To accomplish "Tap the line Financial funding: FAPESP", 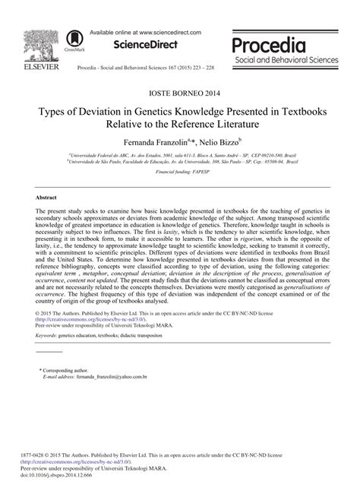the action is [x=180, y=173].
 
